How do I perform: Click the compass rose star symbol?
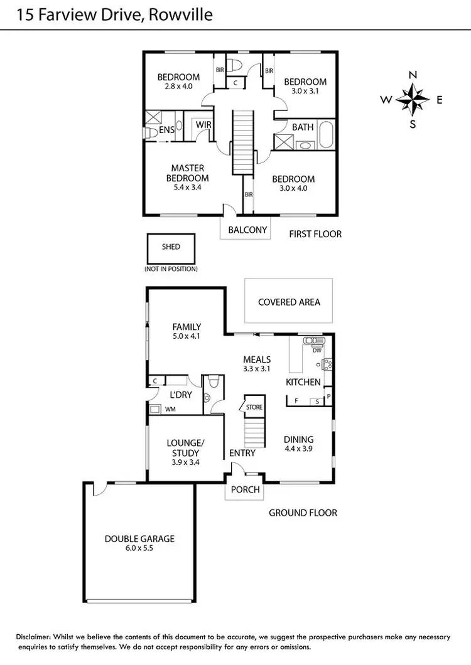click(413, 99)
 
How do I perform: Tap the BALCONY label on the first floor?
click(248, 230)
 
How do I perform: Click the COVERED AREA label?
click(289, 302)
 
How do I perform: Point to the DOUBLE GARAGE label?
click(139, 538)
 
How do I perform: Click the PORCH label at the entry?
click(245, 489)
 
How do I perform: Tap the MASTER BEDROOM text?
click(187, 173)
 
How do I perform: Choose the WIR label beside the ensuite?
click(203, 125)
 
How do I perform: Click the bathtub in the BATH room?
click(326, 135)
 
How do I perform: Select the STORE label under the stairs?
click(254, 407)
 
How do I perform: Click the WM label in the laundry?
click(170, 409)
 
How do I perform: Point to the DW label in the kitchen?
click(317, 350)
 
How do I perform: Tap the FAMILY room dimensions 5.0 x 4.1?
click(187, 336)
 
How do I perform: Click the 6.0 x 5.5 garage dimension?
click(139, 548)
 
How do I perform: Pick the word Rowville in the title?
click(183, 14)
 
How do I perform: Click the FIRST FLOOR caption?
click(315, 234)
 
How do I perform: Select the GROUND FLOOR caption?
click(303, 513)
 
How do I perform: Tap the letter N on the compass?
click(413, 75)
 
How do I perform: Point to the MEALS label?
click(257, 359)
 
